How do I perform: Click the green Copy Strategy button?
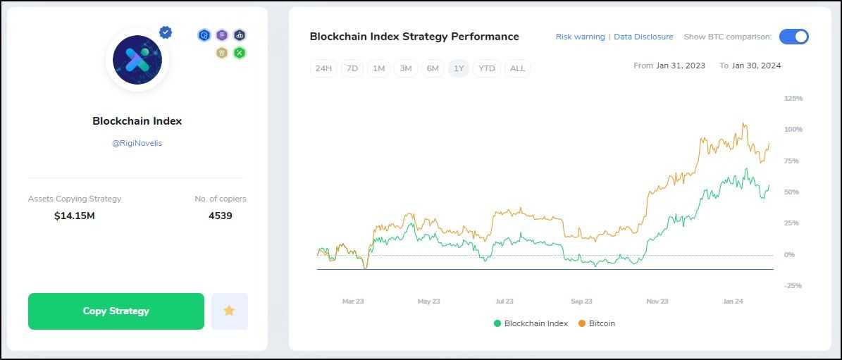coord(116,311)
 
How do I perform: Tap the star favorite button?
coord(229,311)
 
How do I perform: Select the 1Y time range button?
coord(459,68)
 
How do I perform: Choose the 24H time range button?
coord(323,68)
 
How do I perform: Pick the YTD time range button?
coord(486,68)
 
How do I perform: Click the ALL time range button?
coord(517,68)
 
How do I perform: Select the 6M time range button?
coord(433,68)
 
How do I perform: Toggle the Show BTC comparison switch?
coord(793,37)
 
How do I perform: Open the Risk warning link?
coord(580,37)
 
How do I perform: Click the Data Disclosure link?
coord(643,37)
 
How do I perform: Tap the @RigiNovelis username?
coord(137,143)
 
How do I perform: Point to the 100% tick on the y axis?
coord(793,130)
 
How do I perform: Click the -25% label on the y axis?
coord(793,285)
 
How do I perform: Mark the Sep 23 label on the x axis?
coord(581,302)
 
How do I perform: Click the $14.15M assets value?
coord(75,216)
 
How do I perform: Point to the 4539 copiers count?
coord(221,216)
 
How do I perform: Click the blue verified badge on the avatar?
coord(166,32)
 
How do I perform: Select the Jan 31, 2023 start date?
coord(681,66)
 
